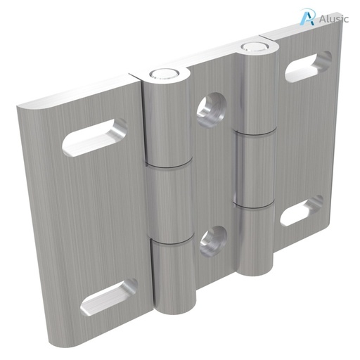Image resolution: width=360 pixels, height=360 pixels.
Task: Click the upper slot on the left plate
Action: point(95,137)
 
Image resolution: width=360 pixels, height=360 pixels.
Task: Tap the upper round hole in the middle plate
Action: point(211,110)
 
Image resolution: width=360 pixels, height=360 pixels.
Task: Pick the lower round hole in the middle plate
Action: point(212,240)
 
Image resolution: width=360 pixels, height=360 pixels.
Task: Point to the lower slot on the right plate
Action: point(302,211)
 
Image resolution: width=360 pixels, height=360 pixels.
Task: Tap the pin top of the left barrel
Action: point(163,72)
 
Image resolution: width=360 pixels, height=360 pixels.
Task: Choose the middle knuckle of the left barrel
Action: point(169,202)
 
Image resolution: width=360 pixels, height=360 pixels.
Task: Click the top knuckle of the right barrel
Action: point(255,91)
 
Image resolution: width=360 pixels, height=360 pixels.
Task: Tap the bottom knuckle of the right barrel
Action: point(254,239)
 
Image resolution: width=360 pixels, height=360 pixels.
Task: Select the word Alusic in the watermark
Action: point(333,19)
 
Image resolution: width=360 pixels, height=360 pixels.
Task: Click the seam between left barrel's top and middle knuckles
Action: point(168,165)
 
